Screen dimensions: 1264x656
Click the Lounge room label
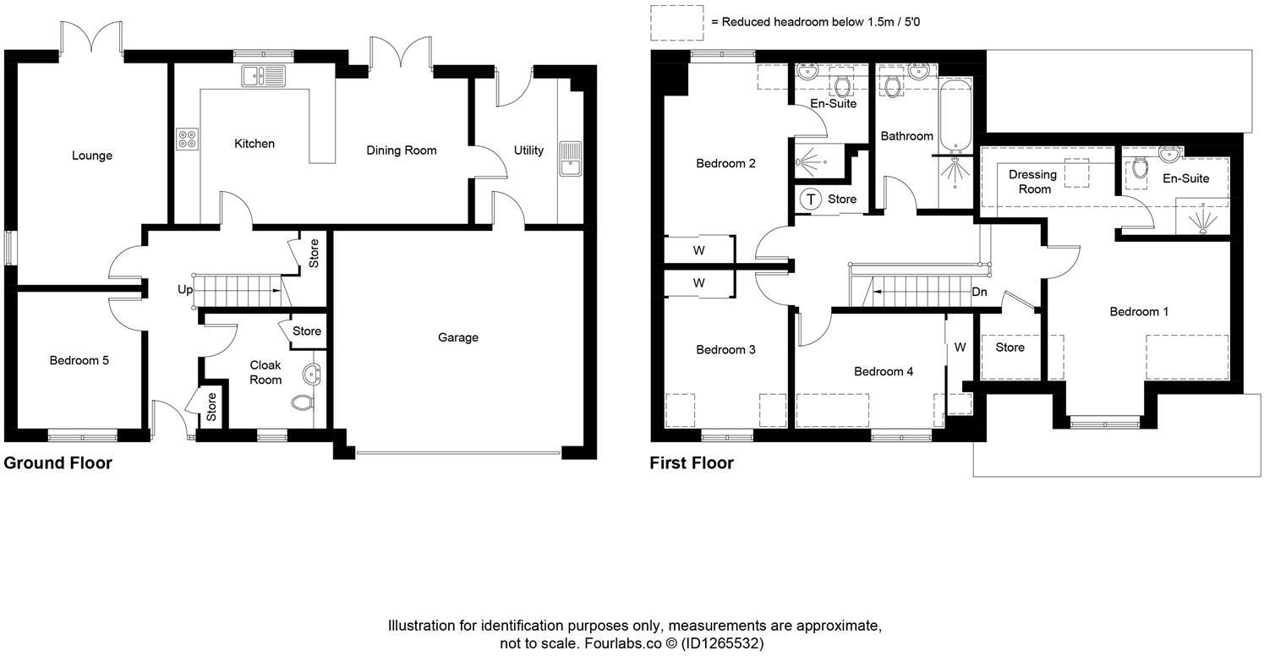[92, 156]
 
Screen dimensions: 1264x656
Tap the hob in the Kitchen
[188, 139]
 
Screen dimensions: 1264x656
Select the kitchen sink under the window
[264, 76]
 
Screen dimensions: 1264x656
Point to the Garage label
[458, 337]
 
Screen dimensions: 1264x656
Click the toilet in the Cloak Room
[303, 402]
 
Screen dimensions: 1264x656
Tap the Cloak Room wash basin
[311, 374]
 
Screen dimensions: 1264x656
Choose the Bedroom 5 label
[79, 360]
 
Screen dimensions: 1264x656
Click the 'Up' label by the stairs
[185, 290]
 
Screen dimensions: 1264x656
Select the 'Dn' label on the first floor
[979, 292]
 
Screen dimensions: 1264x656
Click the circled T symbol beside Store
[811, 200]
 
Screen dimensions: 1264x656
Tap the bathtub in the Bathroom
[955, 116]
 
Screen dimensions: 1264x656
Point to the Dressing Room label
[1033, 182]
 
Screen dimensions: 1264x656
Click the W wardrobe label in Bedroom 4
[960, 347]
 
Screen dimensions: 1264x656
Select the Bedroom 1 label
[1139, 312]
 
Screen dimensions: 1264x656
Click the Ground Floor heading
[58, 463]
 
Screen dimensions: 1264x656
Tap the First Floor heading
[692, 463]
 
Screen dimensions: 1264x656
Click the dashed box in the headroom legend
[677, 23]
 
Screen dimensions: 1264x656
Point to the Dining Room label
[402, 150]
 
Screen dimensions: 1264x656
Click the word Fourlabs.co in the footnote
[623, 643]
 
